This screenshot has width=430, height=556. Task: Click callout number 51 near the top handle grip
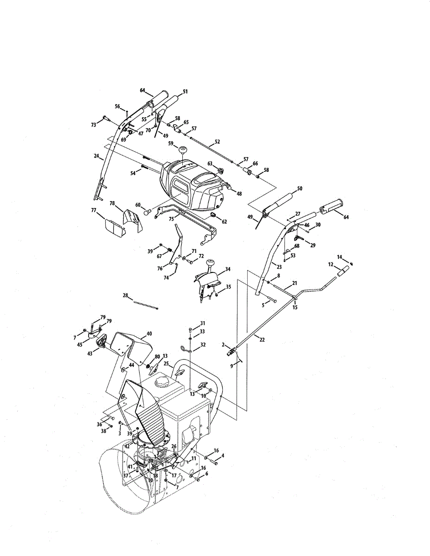(x=185, y=92)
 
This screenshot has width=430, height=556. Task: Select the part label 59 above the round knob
(x=171, y=144)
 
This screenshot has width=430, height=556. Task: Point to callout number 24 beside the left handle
(x=96, y=156)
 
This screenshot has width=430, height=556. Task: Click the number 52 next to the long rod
(x=217, y=142)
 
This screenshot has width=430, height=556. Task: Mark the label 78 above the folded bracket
(x=112, y=203)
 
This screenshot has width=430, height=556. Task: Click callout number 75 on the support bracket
(x=171, y=219)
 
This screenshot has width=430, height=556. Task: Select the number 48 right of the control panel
(x=239, y=194)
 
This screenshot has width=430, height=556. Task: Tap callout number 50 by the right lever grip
(x=300, y=189)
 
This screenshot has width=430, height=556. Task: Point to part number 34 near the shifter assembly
(x=227, y=269)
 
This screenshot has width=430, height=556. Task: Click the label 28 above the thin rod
(x=125, y=295)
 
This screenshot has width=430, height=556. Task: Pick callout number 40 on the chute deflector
(x=149, y=333)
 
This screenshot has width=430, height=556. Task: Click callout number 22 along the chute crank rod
(x=262, y=340)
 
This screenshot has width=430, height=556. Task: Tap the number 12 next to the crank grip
(x=331, y=265)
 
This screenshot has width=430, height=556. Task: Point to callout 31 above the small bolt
(x=202, y=323)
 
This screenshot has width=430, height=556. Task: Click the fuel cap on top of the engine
(x=164, y=383)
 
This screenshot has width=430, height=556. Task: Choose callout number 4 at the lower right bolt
(x=223, y=456)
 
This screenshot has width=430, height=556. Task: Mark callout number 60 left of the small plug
(x=138, y=205)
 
